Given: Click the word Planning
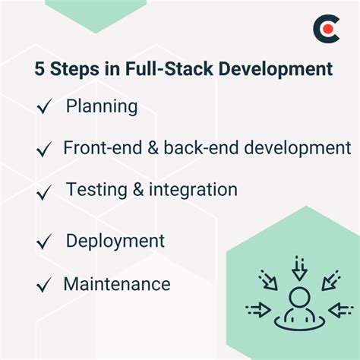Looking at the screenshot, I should tap(102, 106).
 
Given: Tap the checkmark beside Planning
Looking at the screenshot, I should tap(44, 108).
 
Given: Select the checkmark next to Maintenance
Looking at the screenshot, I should tap(44, 286).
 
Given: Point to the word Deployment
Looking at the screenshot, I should tap(115, 242).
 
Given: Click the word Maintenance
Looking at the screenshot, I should tap(117, 284).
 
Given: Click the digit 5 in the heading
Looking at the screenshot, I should tap(39, 69).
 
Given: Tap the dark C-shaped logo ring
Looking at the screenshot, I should tap(319, 30).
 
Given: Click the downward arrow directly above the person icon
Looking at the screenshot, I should tap(299, 269).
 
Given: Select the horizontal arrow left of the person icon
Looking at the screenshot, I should tap(258, 308).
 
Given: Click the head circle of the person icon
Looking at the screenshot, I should tap(299, 297).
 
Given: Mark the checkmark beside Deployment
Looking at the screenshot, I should tap(44, 243).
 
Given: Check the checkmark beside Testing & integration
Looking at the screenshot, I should tap(44, 190).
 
